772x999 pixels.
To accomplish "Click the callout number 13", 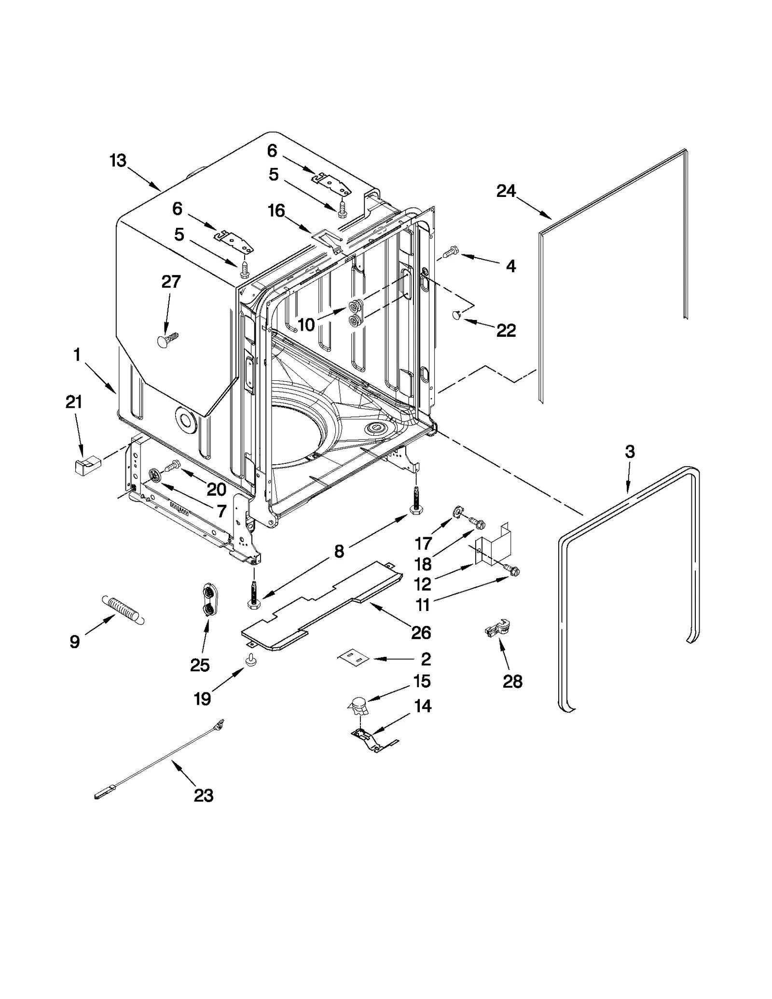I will point(118,161).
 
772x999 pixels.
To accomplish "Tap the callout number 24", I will point(506,192).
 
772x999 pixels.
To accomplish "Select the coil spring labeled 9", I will point(123,610).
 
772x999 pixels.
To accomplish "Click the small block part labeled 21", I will point(85,467).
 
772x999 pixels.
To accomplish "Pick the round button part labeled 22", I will point(456,315).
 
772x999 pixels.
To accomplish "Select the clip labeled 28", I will point(497,629).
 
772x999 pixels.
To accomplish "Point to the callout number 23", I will point(203,795).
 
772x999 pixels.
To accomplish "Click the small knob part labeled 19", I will point(251,660).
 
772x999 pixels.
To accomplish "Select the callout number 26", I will point(421,632).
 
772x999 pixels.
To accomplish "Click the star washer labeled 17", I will point(456,512).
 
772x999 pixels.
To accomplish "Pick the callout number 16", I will point(276,211).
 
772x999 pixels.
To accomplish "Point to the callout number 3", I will point(629,452).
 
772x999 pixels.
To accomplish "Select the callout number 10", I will point(306,325).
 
